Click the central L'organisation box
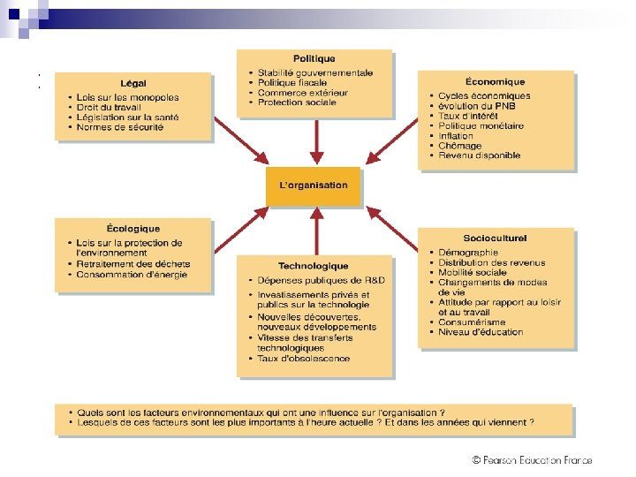(314, 185)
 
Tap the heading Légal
(133, 84)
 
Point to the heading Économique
(495, 82)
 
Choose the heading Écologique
(133, 229)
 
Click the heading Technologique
(314, 266)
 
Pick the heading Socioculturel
(495, 238)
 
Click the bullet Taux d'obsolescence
(303, 359)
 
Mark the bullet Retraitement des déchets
(132, 264)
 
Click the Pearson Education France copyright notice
(532, 460)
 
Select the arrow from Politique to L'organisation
(315, 141)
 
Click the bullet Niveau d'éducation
(481, 332)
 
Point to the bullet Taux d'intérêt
(467, 116)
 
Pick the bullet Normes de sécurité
(119, 127)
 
